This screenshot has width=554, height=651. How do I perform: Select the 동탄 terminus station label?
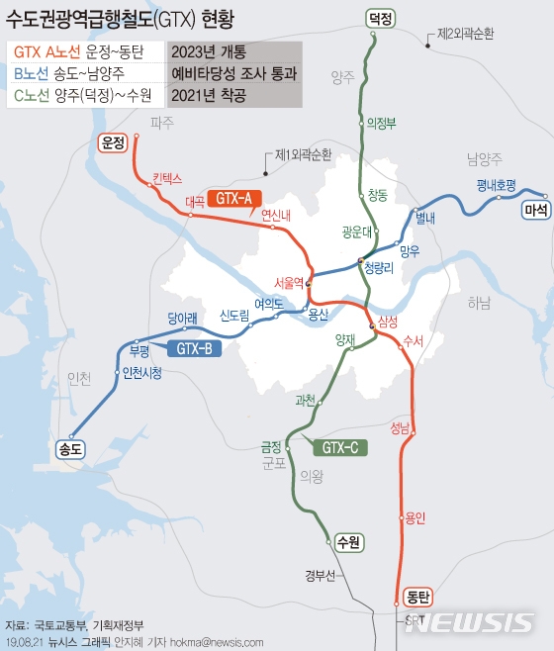(x=418, y=597)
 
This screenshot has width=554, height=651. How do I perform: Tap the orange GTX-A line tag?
(x=236, y=197)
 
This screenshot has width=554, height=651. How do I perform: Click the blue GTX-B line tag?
(x=194, y=348)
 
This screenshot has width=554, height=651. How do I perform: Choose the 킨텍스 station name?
(x=168, y=179)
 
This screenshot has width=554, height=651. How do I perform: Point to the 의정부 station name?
(x=381, y=124)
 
